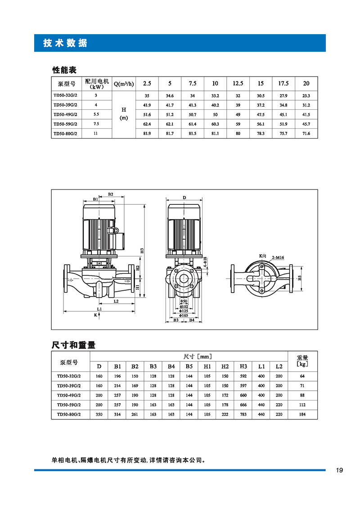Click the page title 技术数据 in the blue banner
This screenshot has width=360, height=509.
point(65,43)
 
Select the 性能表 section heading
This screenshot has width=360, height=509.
point(64,70)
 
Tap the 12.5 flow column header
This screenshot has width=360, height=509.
point(238,83)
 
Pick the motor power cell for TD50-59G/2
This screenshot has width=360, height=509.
point(96,124)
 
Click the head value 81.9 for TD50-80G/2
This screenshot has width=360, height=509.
point(147,133)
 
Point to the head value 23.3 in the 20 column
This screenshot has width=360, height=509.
point(306,96)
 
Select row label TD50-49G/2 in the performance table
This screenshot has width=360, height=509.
point(66,114)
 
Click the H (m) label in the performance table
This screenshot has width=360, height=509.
point(124,113)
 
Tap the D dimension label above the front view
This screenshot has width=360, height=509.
point(184,198)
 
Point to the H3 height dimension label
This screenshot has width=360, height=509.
point(142,251)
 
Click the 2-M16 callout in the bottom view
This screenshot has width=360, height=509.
point(278,257)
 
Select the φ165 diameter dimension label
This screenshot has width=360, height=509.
point(184,315)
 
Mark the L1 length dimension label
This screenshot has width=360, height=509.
point(99,309)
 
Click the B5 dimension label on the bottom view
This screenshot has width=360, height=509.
point(300,278)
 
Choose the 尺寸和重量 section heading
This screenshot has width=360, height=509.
point(74,345)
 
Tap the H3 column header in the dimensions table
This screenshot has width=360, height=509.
point(243,366)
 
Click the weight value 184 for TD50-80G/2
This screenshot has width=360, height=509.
point(302,414)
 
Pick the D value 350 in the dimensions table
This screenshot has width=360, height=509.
point(99,414)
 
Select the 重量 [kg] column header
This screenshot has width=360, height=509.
point(302,361)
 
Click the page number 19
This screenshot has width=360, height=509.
point(339,470)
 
